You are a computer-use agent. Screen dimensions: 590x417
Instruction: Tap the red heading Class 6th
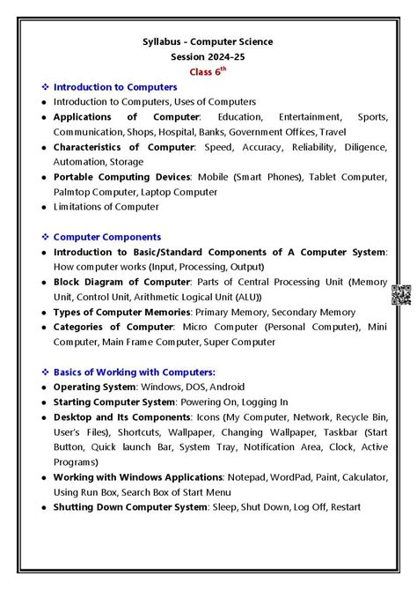[x=208, y=71]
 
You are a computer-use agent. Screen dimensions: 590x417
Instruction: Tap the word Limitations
[x=80, y=207]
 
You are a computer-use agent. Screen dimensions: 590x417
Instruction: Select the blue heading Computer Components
[x=107, y=237]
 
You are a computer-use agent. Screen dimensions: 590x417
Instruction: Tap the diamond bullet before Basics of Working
[x=45, y=372]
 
